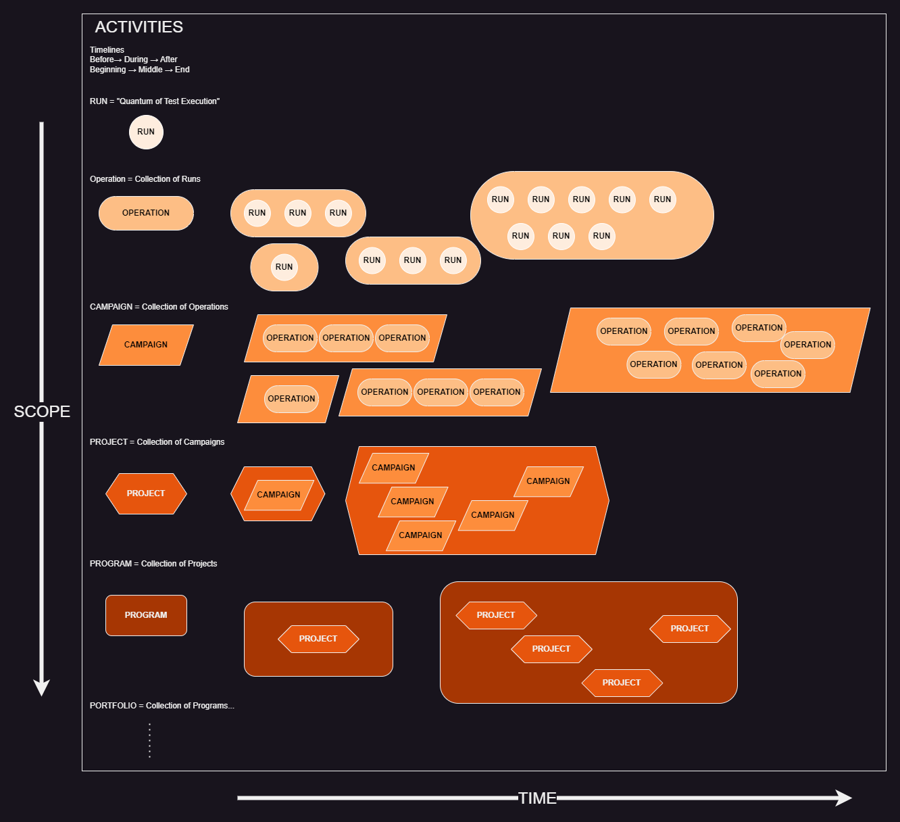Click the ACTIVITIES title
[139, 27]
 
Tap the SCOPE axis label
[42, 411]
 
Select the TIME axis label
[537, 798]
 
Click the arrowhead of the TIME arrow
[845, 798]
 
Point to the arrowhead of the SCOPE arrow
[42, 687]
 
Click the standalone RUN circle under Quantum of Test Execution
[146, 132]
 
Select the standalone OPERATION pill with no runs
[146, 213]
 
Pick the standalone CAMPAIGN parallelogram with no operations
[146, 345]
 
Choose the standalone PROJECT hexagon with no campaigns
[146, 493]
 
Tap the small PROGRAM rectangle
[146, 615]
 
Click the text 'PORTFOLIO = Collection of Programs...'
[162, 706]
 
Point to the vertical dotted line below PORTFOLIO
[149, 740]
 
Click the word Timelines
[107, 50]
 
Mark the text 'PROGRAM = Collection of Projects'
[153, 564]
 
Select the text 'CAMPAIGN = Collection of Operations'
[159, 307]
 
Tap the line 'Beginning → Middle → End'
[139, 70]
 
